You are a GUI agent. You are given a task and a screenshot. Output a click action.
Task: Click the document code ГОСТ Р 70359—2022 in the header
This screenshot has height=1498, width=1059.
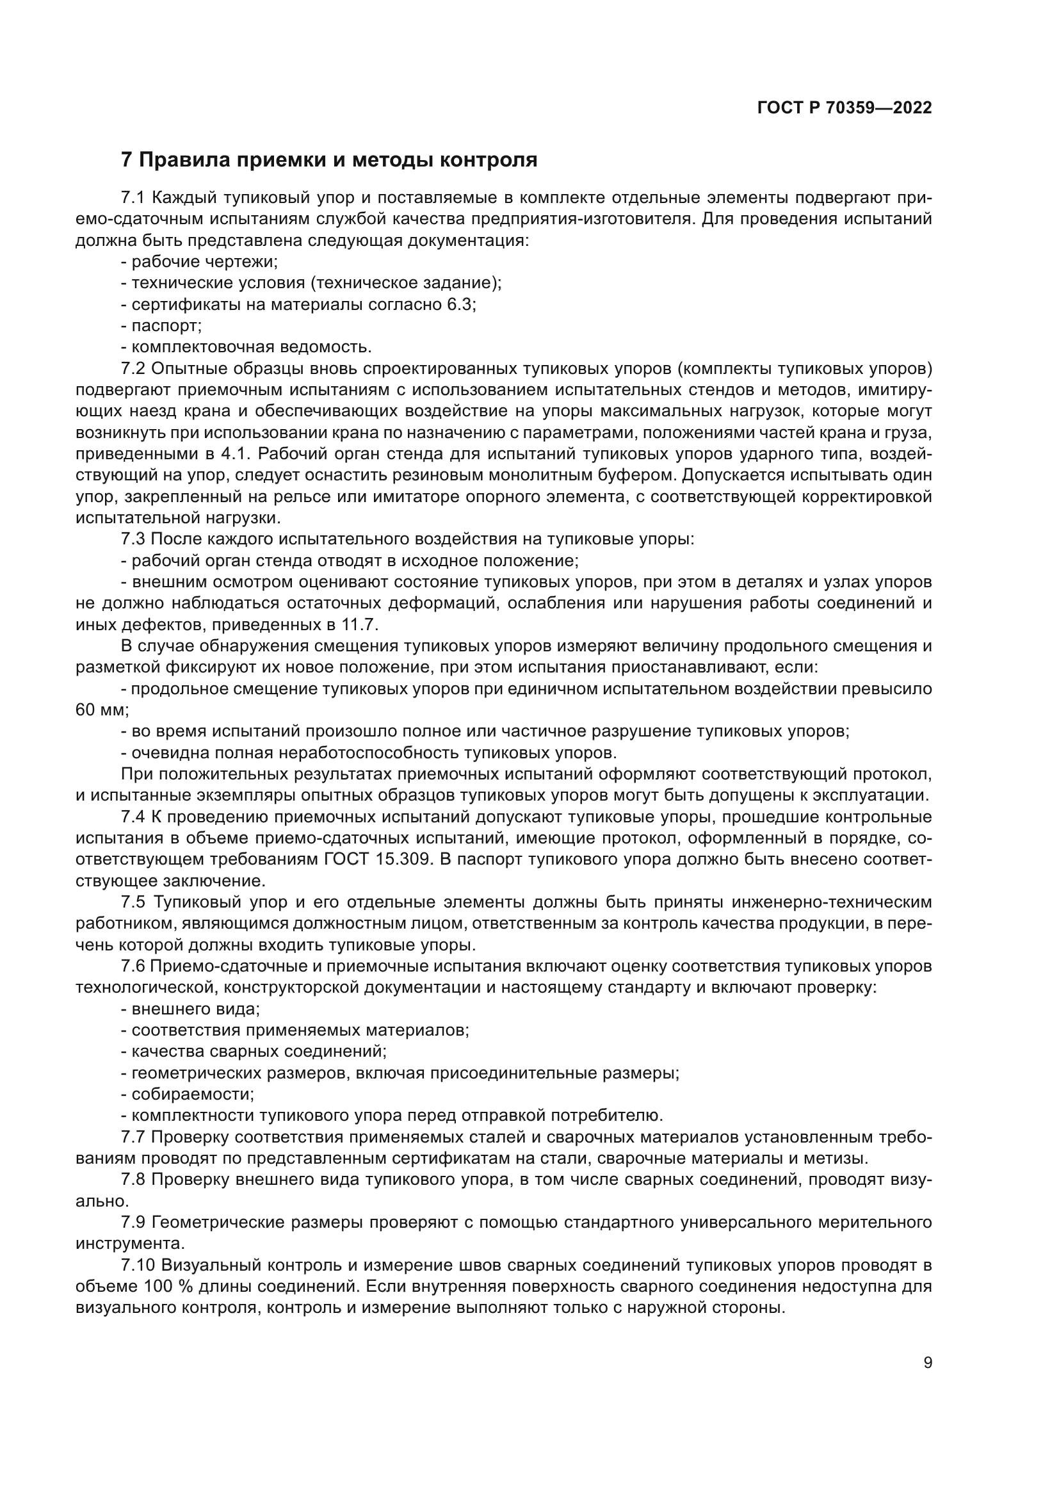coord(845,108)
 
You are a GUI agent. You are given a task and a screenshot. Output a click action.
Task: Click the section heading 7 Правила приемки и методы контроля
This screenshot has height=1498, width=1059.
coord(329,160)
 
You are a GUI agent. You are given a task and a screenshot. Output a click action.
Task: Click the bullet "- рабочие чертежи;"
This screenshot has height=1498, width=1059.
coord(200,262)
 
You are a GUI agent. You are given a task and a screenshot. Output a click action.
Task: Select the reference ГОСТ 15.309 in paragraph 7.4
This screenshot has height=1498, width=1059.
coord(378,859)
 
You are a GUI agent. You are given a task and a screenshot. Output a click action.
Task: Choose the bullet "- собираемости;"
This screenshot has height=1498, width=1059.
coord(188,1094)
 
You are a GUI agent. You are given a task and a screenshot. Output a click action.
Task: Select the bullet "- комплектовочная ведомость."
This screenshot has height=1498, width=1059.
coord(247,347)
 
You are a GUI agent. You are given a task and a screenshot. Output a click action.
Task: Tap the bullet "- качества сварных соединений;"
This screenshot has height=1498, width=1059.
coord(254,1051)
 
